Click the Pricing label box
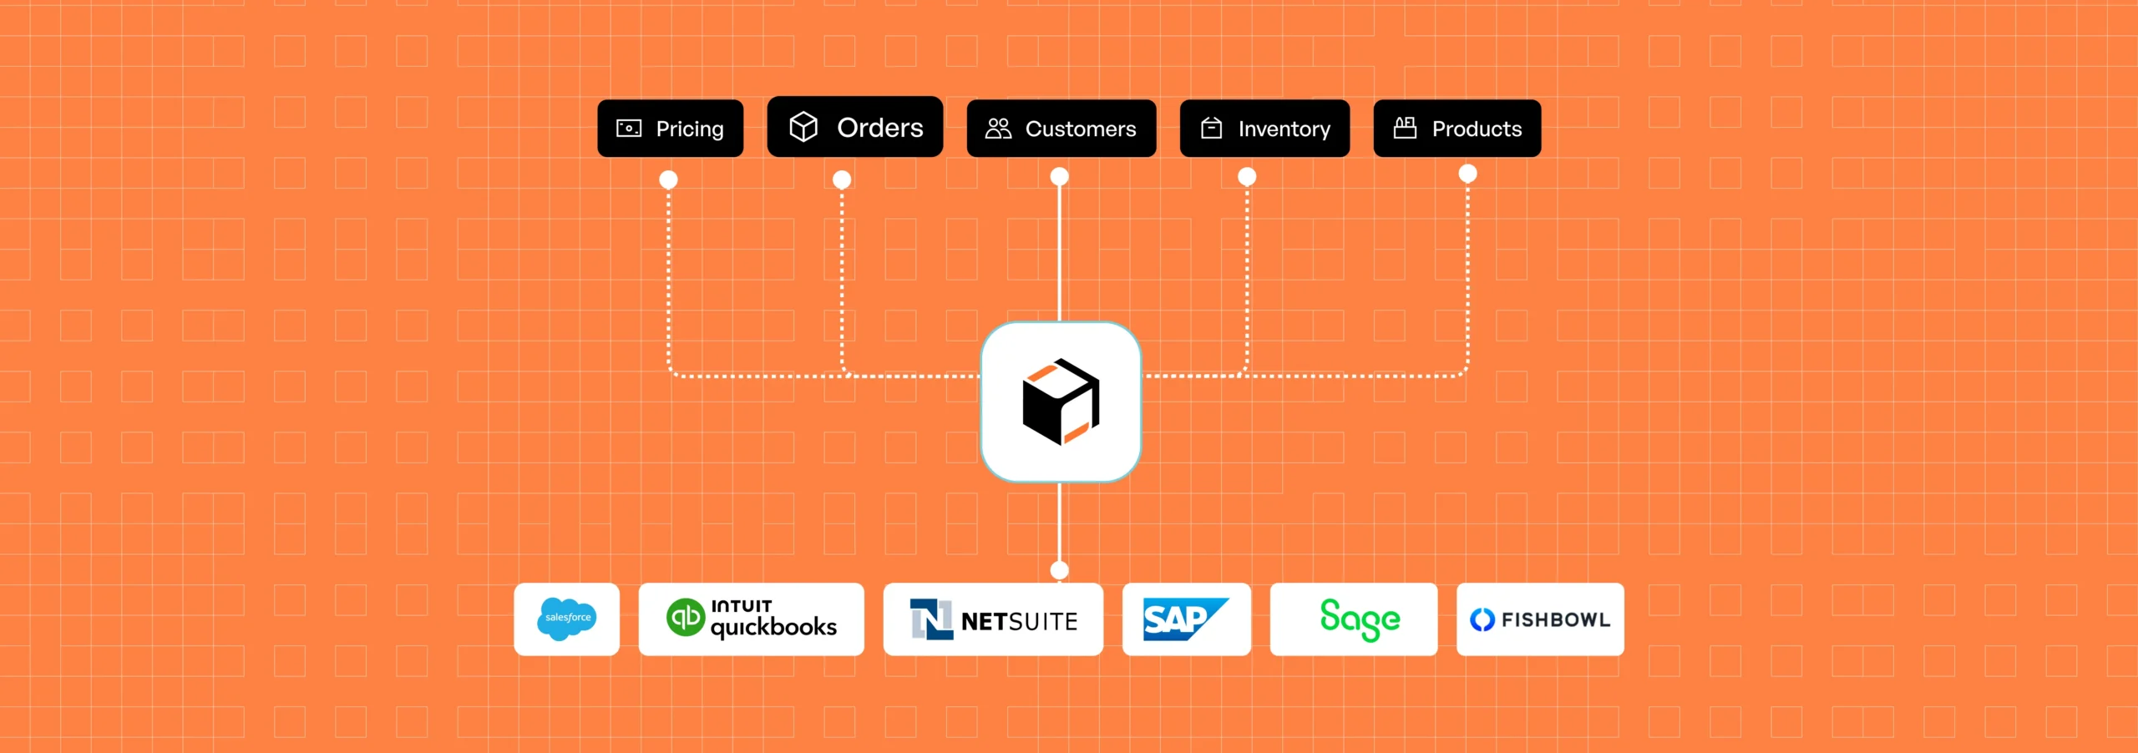[670, 129]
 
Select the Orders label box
[854, 127]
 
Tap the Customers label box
[1061, 129]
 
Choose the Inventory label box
[1264, 129]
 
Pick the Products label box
[1457, 129]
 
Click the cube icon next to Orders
[803, 127]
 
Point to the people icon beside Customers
[998, 129]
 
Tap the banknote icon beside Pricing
[629, 129]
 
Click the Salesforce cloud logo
[566, 619]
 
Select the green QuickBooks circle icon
[686, 618]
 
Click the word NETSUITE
[1019, 622]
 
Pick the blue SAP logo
[1184, 619]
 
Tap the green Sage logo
[1359, 619]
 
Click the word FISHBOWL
[1555, 619]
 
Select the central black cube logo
[1061, 402]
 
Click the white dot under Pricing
[668, 179]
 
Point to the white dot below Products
[1467, 174]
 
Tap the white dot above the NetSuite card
[1059, 570]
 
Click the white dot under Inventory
[1247, 176]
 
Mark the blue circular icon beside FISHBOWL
[1482, 619]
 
